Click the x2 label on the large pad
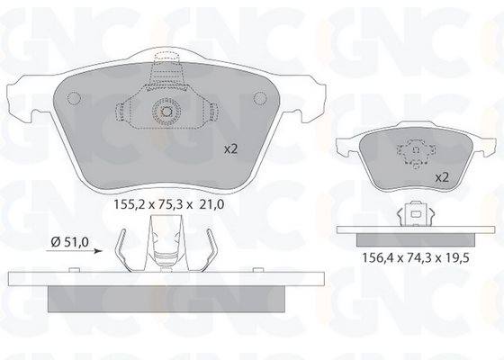[230, 149]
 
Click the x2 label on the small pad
[442, 177]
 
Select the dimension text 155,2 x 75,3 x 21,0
[169, 204]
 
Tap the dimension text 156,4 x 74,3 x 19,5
[416, 257]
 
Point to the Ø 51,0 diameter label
[70, 242]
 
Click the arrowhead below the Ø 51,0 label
[98, 251]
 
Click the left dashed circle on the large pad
[74, 98]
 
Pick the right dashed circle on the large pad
[260, 98]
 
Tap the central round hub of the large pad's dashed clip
[166, 112]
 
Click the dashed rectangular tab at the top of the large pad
[166, 58]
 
